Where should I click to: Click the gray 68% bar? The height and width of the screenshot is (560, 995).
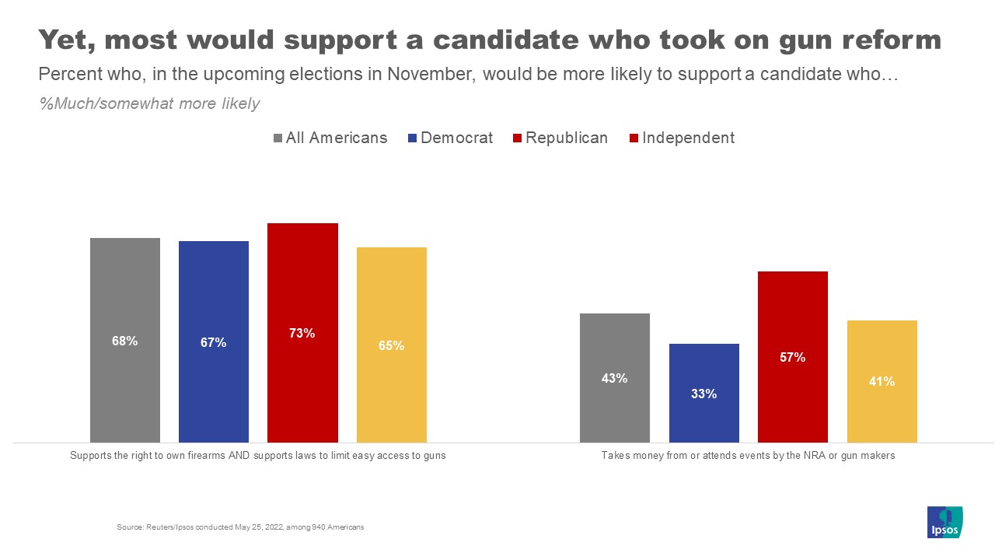click(125, 340)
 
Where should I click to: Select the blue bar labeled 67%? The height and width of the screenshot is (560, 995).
click(214, 341)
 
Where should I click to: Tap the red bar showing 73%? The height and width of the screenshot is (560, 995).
click(302, 333)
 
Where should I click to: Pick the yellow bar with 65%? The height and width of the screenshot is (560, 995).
click(392, 345)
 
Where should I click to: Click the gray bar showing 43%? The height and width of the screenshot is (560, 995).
click(615, 378)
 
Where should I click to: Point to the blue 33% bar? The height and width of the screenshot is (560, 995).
click(704, 393)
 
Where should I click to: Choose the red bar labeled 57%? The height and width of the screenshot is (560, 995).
click(793, 357)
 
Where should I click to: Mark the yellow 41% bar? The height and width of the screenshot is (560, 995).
click(882, 381)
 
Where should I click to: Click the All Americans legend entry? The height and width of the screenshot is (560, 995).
click(330, 138)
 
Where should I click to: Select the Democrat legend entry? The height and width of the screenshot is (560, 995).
click(450, 138)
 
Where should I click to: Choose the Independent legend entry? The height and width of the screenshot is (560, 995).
click(681, 138)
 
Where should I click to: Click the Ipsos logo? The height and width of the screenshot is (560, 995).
click(945, 522)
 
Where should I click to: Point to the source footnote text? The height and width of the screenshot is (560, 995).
click(240, 527)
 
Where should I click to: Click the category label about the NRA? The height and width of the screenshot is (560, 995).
click(748, 456)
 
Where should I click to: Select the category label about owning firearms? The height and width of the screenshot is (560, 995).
click(258, 456)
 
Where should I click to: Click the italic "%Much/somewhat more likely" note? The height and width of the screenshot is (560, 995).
click(149, 103)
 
